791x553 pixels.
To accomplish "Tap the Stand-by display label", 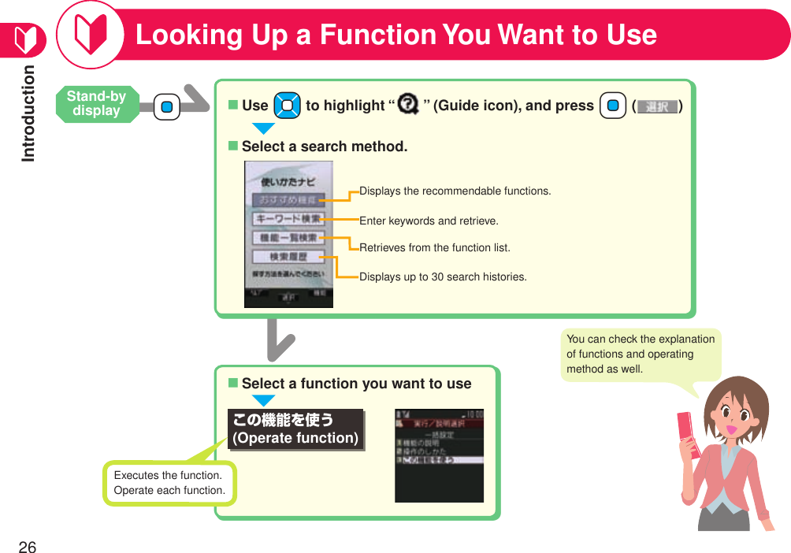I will click(96, 104).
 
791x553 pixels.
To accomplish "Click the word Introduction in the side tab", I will click(28, 113).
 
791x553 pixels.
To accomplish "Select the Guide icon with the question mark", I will click(409, 105).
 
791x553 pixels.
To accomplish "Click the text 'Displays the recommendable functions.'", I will click(455, 191).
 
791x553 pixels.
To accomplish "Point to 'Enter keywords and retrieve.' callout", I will click(429, 221).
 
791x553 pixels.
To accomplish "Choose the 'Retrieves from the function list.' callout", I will click(435, 248).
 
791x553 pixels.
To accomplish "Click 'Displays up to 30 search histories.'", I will click(443, 277).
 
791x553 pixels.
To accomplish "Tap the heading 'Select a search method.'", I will click(324, 147).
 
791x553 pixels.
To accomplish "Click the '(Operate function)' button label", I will click(295, 438).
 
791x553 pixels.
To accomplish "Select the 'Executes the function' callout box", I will click(169, 483).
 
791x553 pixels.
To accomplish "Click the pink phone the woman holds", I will click(688, 434).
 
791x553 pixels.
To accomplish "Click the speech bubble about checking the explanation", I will click(641, 354).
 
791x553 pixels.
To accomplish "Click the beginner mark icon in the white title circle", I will click(91, 35).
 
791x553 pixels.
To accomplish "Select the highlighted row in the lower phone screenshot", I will click(439, 459).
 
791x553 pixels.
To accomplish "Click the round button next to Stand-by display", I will click(166, 106).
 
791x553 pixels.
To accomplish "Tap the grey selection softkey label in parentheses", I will click(657, 106).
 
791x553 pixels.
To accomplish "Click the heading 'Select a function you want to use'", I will click(356, 384).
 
